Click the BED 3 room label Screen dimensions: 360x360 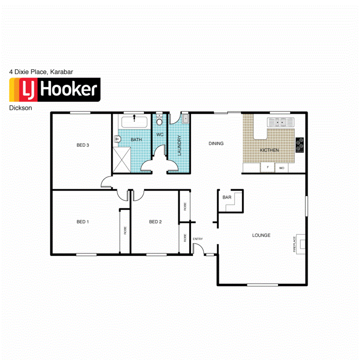tap(83, 145)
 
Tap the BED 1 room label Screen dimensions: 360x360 tap(83, 222)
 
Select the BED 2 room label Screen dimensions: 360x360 tap(155, 222)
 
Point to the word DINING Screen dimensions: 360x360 tap(216, 144)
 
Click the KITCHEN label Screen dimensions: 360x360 tap(269, 150)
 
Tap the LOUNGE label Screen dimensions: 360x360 tap(261, 235)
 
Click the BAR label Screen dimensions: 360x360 tap(227, 197)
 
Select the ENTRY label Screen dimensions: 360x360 tap(197, 239)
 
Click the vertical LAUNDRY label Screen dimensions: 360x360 tap(179, 146)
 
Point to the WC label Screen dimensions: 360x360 tap(160, 134)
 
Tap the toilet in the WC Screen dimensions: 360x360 tap(160, 121)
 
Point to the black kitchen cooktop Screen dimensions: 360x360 tap(300, 145)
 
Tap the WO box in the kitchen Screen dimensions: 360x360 tap(282, 168)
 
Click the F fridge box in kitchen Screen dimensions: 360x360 tap(267, 168)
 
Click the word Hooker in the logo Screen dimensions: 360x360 tap(68, 90)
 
